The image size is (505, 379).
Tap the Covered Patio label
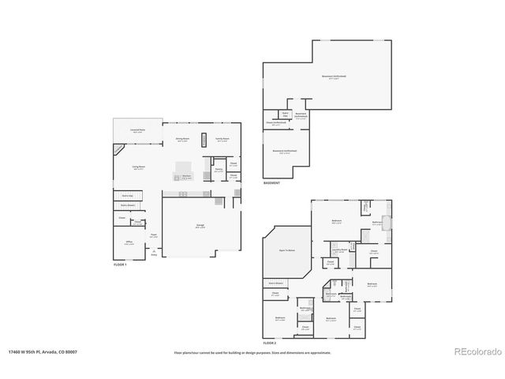tap(137, 131)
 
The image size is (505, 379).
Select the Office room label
tap(128, 243)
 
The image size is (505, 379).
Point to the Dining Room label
tap(182, 140)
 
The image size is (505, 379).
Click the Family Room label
tap(223, 140)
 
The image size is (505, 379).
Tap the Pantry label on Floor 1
tap(218, 170)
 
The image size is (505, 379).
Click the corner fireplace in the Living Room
tap(118, 148)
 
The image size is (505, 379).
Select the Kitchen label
tap(186, 177)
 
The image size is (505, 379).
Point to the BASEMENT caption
tap(272, 183)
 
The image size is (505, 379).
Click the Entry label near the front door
tap(155, 254)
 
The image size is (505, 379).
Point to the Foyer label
tap(155, 235)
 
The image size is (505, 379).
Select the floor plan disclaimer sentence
tap(252, 352)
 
